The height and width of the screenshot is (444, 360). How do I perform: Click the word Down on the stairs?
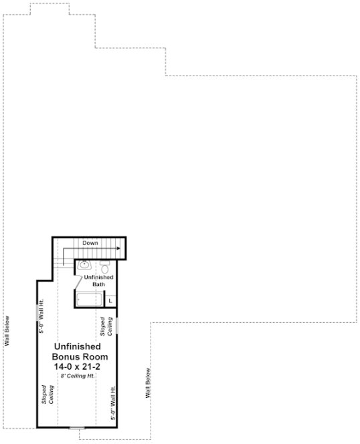pos(90,243)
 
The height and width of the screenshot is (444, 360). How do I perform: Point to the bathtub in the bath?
pos(88,300)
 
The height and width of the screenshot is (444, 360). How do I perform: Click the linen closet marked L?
pos(110,300)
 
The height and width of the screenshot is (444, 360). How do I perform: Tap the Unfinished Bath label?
pos(98,281)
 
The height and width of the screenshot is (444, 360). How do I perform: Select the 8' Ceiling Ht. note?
pos(76,376)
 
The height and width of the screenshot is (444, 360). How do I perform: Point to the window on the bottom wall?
pos(77,427)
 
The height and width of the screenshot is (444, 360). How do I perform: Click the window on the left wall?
pos(38,312)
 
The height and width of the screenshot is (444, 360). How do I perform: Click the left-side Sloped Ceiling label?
pos(47,396)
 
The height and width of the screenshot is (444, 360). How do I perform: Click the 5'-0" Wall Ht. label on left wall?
pos(42,320)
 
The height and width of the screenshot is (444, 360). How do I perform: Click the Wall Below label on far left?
pos(7,332)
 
